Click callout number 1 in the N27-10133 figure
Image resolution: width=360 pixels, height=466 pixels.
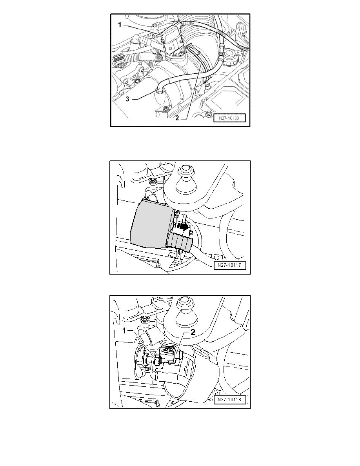click(120, 25)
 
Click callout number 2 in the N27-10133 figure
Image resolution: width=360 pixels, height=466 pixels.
click(177, 118)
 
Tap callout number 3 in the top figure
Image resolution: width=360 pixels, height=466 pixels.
click(127, 99)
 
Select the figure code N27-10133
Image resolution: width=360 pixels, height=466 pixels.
click(228, 118)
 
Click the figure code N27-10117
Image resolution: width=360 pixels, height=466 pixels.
click(230, 265)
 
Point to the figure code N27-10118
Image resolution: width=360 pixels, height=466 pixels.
click(230, 399)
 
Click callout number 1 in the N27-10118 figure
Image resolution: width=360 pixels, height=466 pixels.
click(125, 331)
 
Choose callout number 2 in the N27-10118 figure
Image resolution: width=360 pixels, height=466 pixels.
click(193, 332)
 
